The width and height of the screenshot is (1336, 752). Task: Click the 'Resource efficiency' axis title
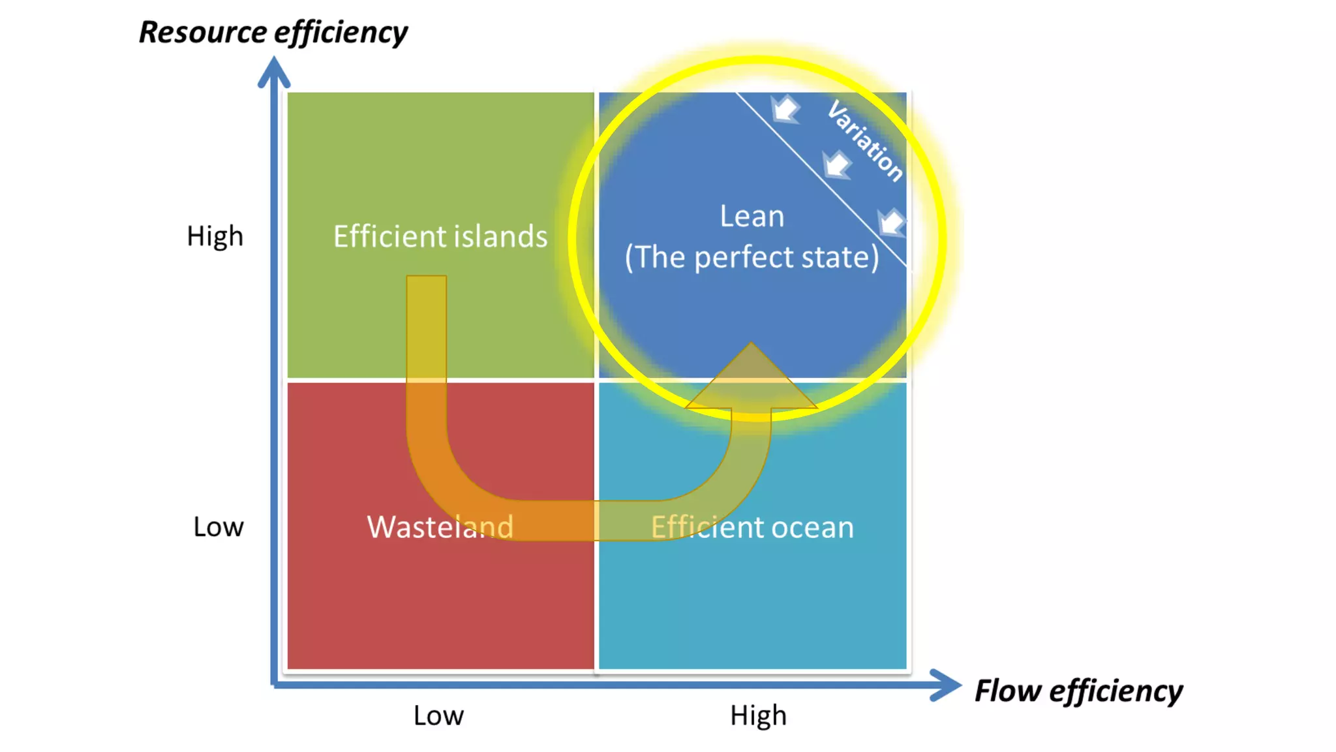(273, 33)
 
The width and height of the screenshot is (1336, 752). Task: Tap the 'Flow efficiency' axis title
(1078, 691)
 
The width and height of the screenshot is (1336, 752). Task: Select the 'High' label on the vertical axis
(215, 236)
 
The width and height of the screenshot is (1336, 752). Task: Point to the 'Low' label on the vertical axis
(218, 527)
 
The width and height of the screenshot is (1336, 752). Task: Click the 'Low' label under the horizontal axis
(438, 715)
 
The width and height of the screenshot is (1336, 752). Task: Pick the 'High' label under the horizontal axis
(758, 715)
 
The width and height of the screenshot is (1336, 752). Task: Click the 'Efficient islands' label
(440, 236)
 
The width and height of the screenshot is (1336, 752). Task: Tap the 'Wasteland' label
(440, 527)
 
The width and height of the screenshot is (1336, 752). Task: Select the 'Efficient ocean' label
(752, 527)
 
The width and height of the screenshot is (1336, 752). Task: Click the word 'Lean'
(751, 216)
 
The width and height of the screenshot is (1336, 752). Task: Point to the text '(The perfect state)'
(751, 257)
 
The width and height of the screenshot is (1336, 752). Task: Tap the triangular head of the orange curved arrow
(751, 379)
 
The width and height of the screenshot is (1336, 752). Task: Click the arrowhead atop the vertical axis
(274, 72)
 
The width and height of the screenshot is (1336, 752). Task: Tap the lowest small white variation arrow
(890, 222)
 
